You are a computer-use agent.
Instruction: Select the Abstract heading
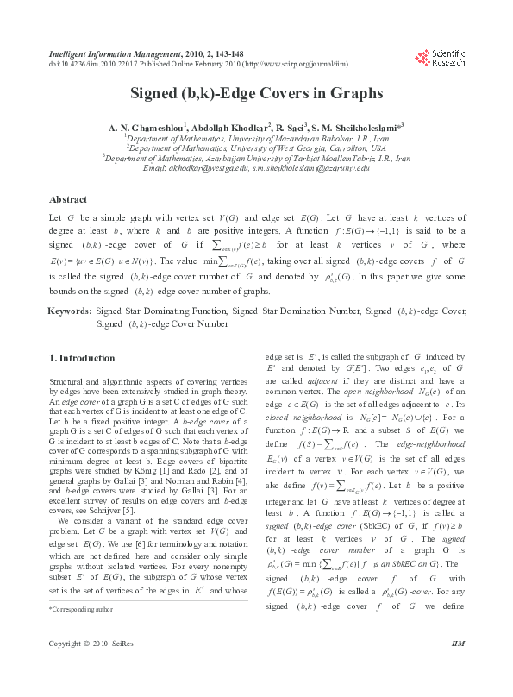tap(69, 198)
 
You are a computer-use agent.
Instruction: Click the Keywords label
tap(70, 309)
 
